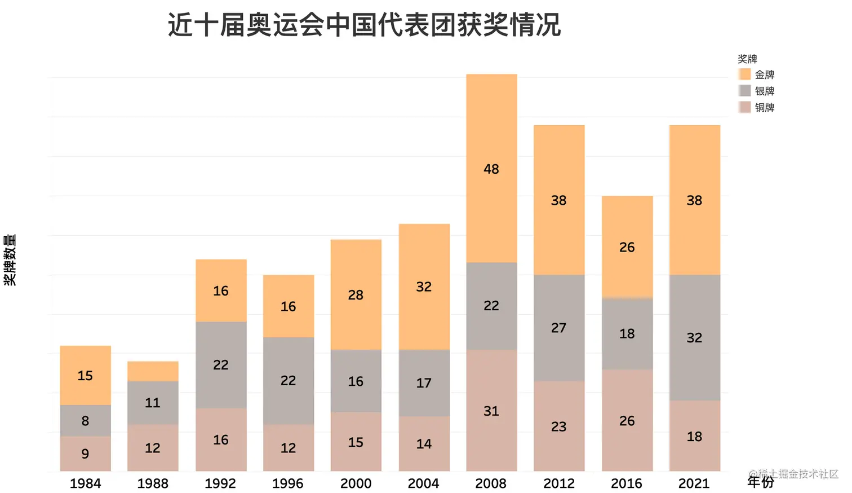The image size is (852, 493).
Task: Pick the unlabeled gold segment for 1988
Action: pos(153,371)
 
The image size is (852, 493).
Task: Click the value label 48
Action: pos(491,169)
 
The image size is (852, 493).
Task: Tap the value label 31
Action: pos(491,411)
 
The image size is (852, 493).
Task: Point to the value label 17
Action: pos(424,383)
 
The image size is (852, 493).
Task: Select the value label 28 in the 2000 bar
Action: pos(356,295)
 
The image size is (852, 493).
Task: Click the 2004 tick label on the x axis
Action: pos(423,483)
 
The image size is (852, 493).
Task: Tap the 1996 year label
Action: pos(288,483)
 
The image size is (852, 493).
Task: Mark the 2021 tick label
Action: pos(694,483)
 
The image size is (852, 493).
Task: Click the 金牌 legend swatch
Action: pos(745,74)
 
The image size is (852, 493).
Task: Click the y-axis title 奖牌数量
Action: pos(10,259)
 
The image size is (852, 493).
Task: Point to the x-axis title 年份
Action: pos(761,482)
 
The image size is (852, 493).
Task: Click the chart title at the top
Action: pos(364,25)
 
